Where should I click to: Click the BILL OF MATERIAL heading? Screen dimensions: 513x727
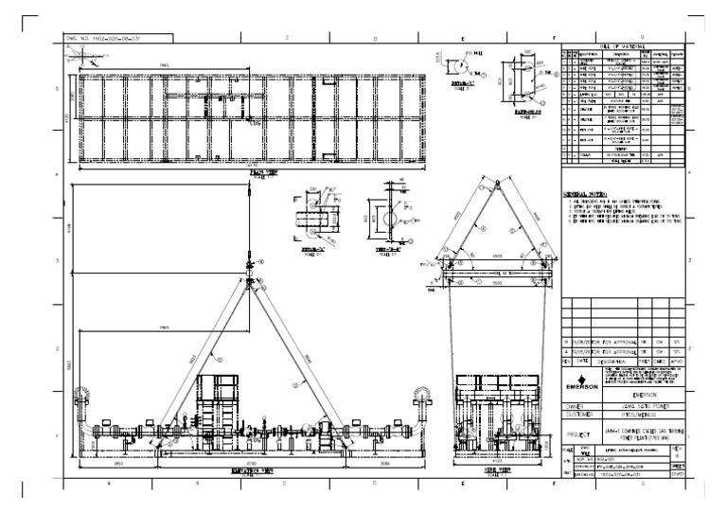click(x=620, y=45)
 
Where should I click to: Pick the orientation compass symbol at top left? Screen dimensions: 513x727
click(x=86, y=57)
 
